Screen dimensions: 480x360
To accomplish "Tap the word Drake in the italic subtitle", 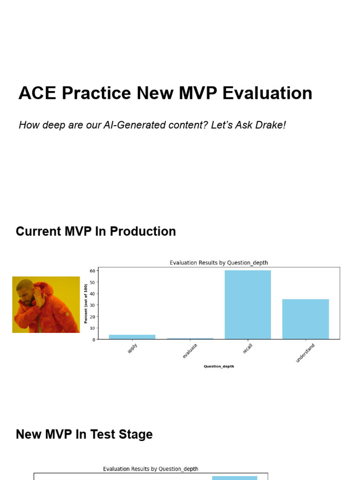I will (269, 126).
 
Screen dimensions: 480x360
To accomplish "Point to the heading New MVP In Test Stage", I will (84, 435).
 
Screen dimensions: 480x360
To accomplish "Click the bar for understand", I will (305, 319).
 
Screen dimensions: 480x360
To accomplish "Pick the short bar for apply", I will (132, 337).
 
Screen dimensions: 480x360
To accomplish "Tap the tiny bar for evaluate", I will (190, 338).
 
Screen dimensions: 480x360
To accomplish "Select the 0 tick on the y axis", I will (94, 339).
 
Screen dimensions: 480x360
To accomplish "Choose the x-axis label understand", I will (305, 353).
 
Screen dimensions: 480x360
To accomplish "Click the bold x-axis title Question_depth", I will (218, 367).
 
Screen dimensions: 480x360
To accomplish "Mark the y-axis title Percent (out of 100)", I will (86, 304).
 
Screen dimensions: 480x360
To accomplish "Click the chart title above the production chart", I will (218, 263).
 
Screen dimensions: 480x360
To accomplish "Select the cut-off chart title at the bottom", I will (150, 469).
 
